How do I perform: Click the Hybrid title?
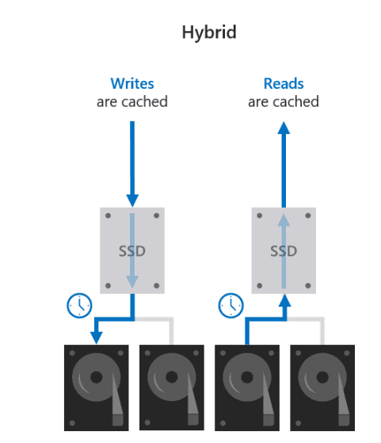point(209,33)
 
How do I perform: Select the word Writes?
point(132,84)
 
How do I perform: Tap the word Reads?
point(284,84)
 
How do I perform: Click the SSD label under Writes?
point(132,251)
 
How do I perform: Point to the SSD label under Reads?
point(284,251)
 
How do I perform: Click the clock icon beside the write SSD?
point(79,306)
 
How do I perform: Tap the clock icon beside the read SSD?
point(231,306)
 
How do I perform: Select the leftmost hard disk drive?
point(97,388)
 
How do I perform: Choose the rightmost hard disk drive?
point(322,388)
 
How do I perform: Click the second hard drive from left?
point(172,388)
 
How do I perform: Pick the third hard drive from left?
point(247,388)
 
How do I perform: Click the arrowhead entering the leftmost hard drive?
point(97,338)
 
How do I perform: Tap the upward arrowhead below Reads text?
point(284,128)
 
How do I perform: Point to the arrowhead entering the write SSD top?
point(132,200)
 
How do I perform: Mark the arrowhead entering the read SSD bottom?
point(284,300)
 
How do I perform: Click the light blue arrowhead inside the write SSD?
point(132,281)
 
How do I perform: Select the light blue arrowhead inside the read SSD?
point(284,220)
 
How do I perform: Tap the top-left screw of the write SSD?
point(108,216)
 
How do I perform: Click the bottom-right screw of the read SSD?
point(308,285)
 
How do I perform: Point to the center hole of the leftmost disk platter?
point(97,377)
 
